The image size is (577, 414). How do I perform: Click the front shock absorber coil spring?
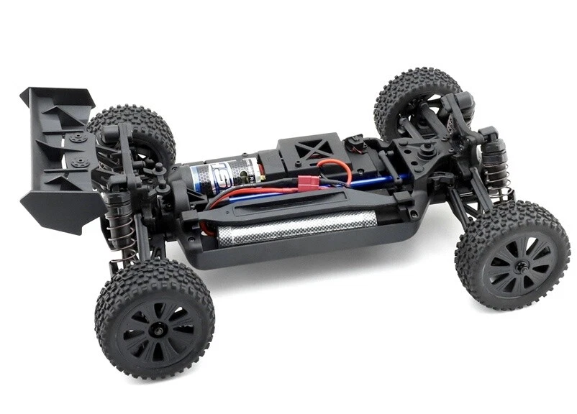[495, 169]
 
